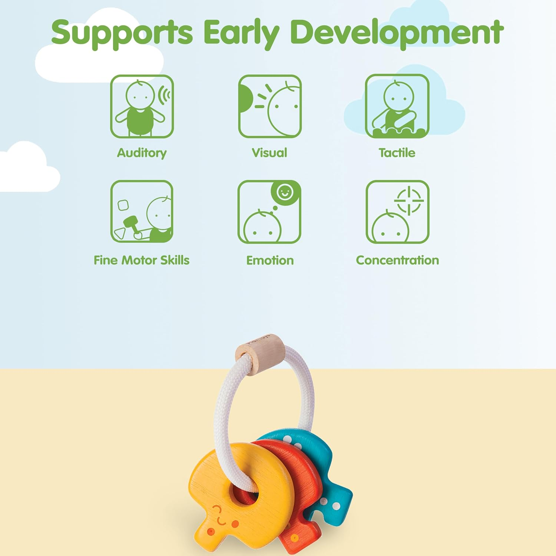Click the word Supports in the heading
click(122, 33)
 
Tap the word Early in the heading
click(241, 33)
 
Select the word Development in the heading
click(397, 33)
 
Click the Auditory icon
click(142, 106)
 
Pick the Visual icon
click(269, 106)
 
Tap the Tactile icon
click(397, 106)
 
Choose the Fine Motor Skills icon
click(142, 212)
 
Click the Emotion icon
click(269, 212)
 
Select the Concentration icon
click(397, 212)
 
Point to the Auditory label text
click(142, 153)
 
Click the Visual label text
click(269, 153)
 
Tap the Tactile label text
click(397, 153)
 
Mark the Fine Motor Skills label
click(141, 260)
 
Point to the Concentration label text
click(397, 260)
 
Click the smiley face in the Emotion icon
click(285, 192)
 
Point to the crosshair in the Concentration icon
click(409, 201)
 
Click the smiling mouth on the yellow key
click(221, 522)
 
